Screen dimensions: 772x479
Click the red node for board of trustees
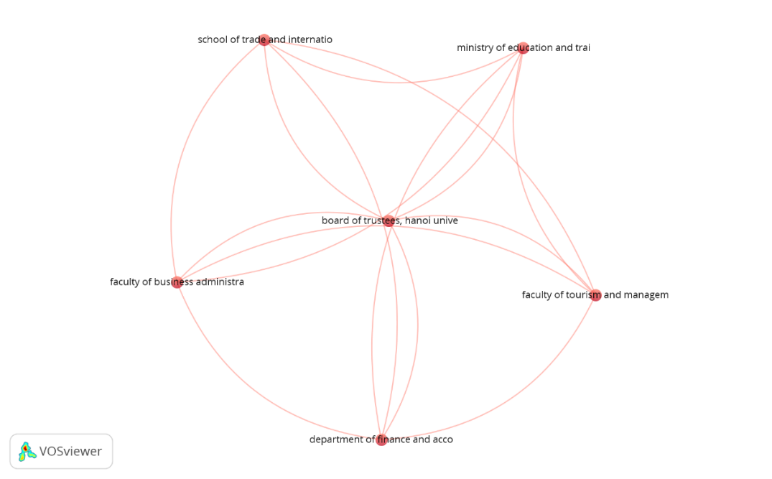click(x=388, y=220)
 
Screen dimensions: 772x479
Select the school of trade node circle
click(x=264, y=39)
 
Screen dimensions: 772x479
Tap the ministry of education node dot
click(x=523, y=48)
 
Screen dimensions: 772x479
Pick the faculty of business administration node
click(x=177, y=282)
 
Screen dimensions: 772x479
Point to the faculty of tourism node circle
click(x=595, y=295)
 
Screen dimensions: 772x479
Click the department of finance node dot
click(x=381, y=440)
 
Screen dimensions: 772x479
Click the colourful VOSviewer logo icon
click(x=27, y=452)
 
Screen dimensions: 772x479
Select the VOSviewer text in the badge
click(x=70, y=452)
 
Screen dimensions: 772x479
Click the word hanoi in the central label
click(x=418, y=220)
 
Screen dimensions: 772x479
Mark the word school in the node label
click(x=212, y=39)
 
